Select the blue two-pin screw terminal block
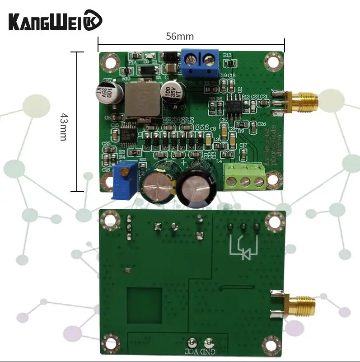point(200,63)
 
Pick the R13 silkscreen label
point(227,55)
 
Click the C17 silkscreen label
point(243,145)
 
